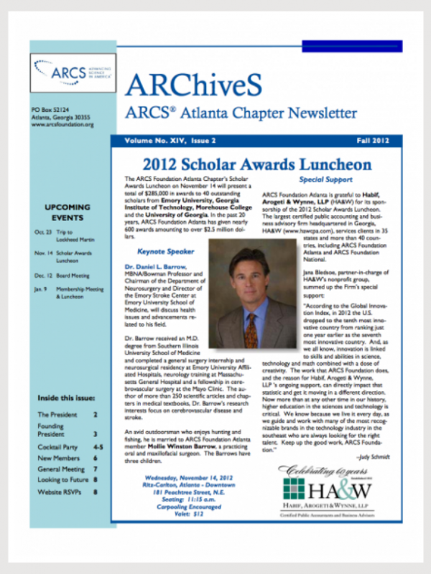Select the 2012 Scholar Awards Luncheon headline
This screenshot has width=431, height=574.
256,164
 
